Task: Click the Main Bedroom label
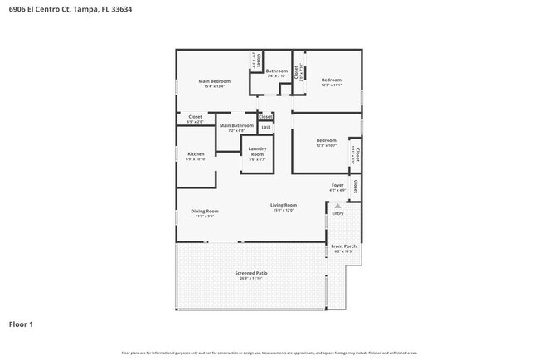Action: [x=214, y=80]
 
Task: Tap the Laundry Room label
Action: [x=257, y=153]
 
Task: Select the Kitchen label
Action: [x=196, y=153]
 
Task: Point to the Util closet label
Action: [x=265, y=128]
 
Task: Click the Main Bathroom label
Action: [x=236, y=125]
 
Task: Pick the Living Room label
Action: [x=284, y=205]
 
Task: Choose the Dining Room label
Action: [x=205, y=211]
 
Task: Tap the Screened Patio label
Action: [x=250, y=273]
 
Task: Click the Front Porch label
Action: [x=343, y=246]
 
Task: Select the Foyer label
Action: [x=337, y=185]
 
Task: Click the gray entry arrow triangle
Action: [x=337, y=205]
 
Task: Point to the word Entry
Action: [x=337, y=214]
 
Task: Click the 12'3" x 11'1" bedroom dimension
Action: [x=332, y=85]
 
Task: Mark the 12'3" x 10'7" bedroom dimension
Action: [x=326, y=145]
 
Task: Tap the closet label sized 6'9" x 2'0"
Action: [x=195, y=122]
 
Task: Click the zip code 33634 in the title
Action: [x=120, y=9]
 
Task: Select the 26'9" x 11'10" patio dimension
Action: [x=250, y=278]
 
